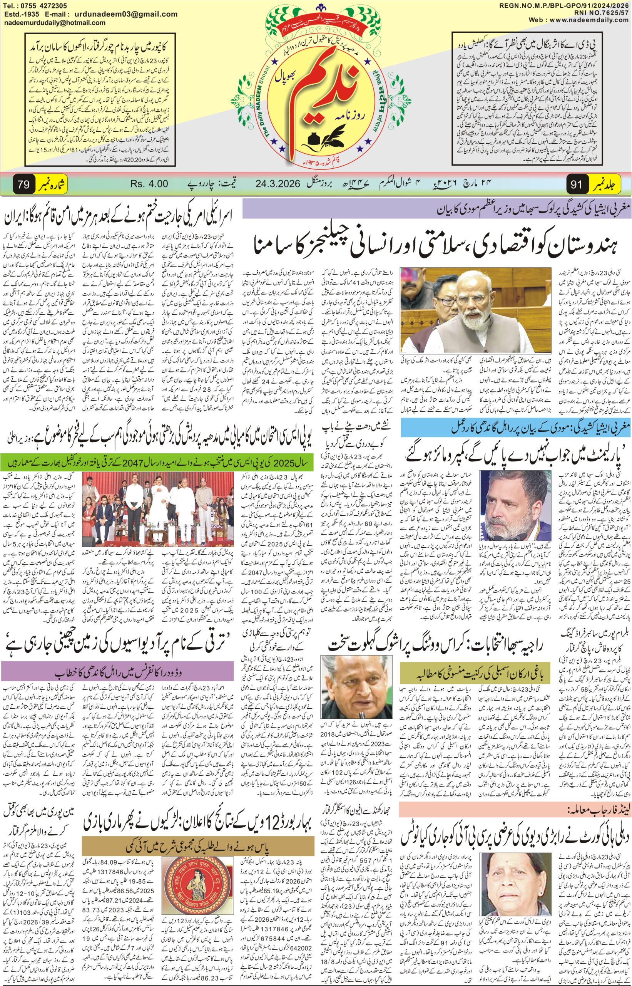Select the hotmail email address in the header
pos(55,23)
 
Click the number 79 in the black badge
pos(23,184)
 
